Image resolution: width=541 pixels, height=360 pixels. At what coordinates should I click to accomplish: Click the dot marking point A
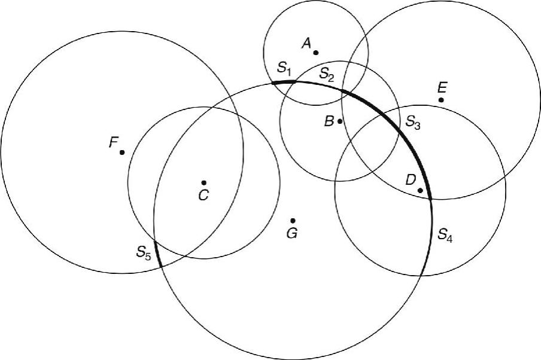point(316,53)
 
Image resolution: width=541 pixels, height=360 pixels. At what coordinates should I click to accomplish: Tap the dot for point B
point(340,121)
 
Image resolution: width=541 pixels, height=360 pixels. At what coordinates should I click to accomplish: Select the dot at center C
point(204,182)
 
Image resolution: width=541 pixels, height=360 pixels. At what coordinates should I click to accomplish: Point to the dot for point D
point(420,191)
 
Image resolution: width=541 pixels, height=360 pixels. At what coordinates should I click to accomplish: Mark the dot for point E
point(441,99)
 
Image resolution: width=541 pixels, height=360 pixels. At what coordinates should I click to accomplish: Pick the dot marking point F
point(122,152)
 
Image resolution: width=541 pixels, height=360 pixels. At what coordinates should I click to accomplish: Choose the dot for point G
point(293,221)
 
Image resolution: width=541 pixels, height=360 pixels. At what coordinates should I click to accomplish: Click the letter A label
point(306,42)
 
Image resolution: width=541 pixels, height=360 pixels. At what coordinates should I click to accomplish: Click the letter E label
point(442,87)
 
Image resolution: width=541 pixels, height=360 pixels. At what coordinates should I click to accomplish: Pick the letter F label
point(112,142)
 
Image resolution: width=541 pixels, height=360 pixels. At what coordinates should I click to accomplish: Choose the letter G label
point(291,233)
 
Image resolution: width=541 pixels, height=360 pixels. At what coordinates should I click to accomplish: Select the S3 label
point(413,121)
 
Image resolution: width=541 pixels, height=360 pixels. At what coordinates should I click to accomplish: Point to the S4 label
point(445,234)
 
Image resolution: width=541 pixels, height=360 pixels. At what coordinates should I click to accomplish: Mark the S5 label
point(144,252)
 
